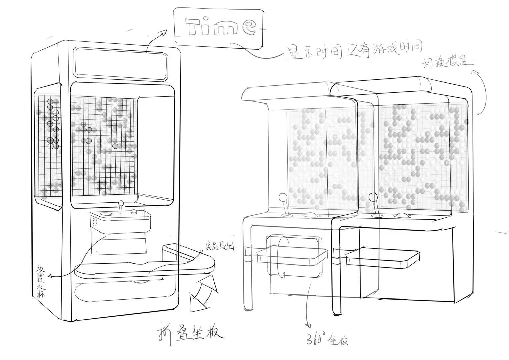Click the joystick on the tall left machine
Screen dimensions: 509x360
pyautogui.click(x=121, y=207)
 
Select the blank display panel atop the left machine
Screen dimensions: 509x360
pyautogui.click(x=120, y=63)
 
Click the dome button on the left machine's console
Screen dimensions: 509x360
pyautogui.click(x=134, y=212)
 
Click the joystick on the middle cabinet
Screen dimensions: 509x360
pyautogui.click(x=285, y=205)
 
